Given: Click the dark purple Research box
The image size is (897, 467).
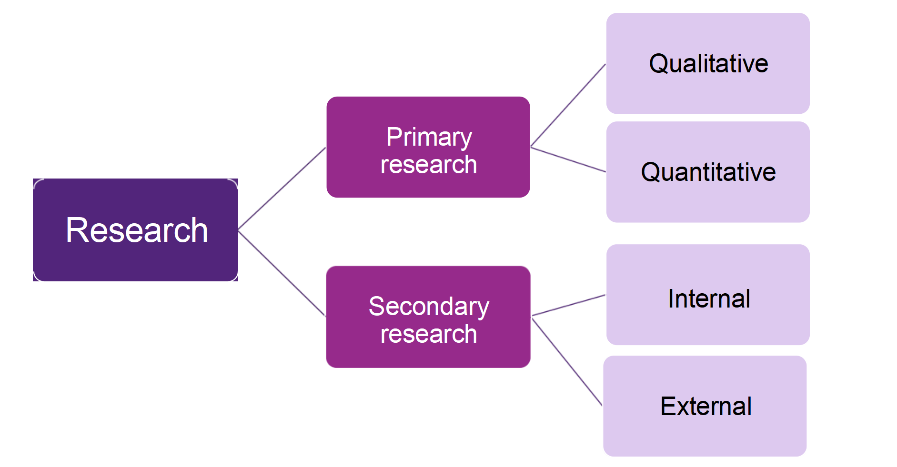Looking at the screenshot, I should [x=135, y=230].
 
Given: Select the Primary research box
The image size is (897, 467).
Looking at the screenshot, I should [x=428, y=147].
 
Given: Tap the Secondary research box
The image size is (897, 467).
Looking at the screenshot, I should [x=428, y=317].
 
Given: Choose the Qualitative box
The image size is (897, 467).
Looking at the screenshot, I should [x=707, y=63].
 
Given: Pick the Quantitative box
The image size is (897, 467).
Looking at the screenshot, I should [x=707, y=172].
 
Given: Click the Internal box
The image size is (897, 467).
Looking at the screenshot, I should [x=707, y=295].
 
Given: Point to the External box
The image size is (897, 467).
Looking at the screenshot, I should [x=705, y=406].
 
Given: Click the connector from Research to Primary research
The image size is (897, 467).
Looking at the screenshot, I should [x=282, y=189].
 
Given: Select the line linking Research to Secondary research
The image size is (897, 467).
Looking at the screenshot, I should [x=282, y=273].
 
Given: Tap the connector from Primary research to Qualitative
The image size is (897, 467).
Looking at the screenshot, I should [x=568, y=105].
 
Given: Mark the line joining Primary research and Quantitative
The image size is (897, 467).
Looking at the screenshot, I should [x=568, y=159].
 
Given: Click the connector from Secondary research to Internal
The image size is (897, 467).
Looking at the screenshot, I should [x=568, y=305].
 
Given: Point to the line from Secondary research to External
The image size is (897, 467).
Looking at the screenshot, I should [x=567, y=362].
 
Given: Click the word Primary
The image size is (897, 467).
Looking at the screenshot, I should [x=429, y=137].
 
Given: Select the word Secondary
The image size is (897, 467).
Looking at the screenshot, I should [x=429, y=306].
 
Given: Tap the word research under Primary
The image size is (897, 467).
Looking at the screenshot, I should [x=429, y=165].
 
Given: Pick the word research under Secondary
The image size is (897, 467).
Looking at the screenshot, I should [x=429, y=334].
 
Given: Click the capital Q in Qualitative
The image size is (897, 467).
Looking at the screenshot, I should [x=659, y=64].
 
